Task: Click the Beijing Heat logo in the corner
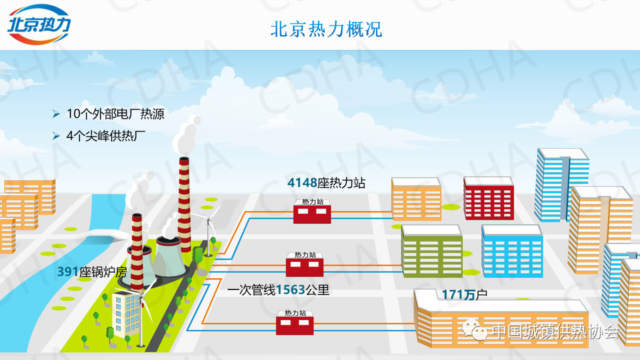coord(39,24)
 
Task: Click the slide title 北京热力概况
coord(326,29)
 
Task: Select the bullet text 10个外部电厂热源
coord(115,114)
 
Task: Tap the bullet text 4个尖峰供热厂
coord(102,135)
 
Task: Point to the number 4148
coord(302,183)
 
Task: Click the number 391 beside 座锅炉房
coord(68,271)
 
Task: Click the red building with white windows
coord(488,198)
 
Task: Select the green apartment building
coord(431,251)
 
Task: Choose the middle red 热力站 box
coord(304,265)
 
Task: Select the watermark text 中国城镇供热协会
coord(554,331)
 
